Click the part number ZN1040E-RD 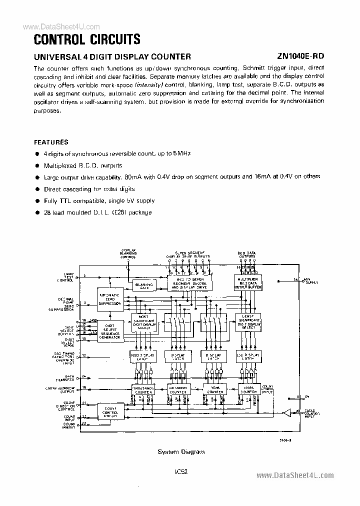[300, 56]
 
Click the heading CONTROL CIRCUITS [87, 39]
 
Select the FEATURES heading [51, 142]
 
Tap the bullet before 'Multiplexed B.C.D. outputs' [36, 165]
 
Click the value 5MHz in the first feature [181, 153]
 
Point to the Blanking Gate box [143, 285]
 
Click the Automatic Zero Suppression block [109, 298]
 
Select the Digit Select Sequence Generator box [109, 331]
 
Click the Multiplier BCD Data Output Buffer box [247, 284]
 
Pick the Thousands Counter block [143, 389]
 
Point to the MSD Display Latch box [143, 356]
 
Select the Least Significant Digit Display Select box [248, 322]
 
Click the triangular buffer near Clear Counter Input [286, 413]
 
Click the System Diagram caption [181, 451]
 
